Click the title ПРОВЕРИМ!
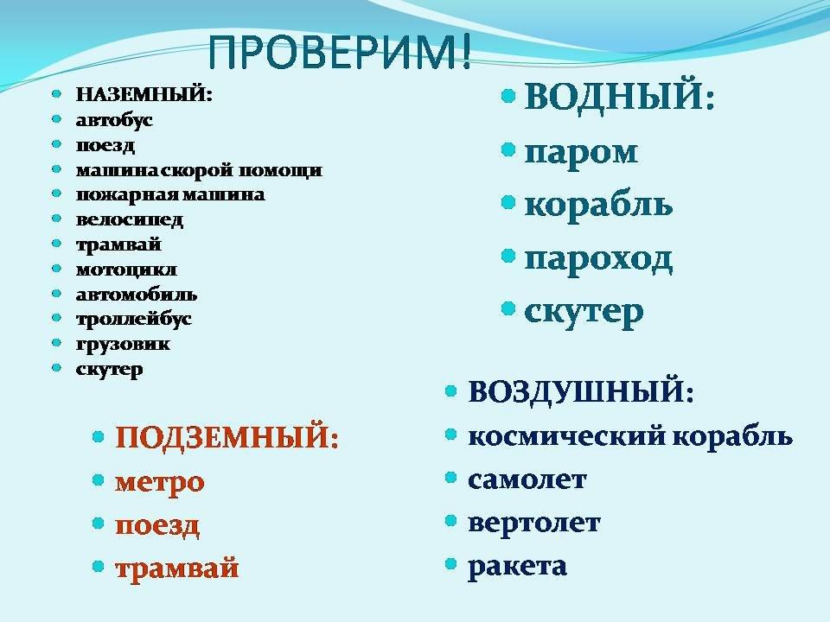pos(339,52)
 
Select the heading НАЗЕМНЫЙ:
pos(144,95)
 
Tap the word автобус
pos(114,120)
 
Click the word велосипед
pos(130,219)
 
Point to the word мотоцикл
pos(126,270)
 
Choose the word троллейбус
pos(134,319)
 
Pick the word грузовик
pos(123,345)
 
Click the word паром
pos(581,153)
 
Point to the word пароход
pos(598,259)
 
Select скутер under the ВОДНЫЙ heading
pos(584,313)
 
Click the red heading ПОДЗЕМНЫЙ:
pos(227,437)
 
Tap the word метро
pos(159,483)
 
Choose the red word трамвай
pos(176,568)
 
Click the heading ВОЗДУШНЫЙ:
pos(581,392)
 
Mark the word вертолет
pos(534,523)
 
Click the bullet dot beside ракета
pos(451,564)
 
